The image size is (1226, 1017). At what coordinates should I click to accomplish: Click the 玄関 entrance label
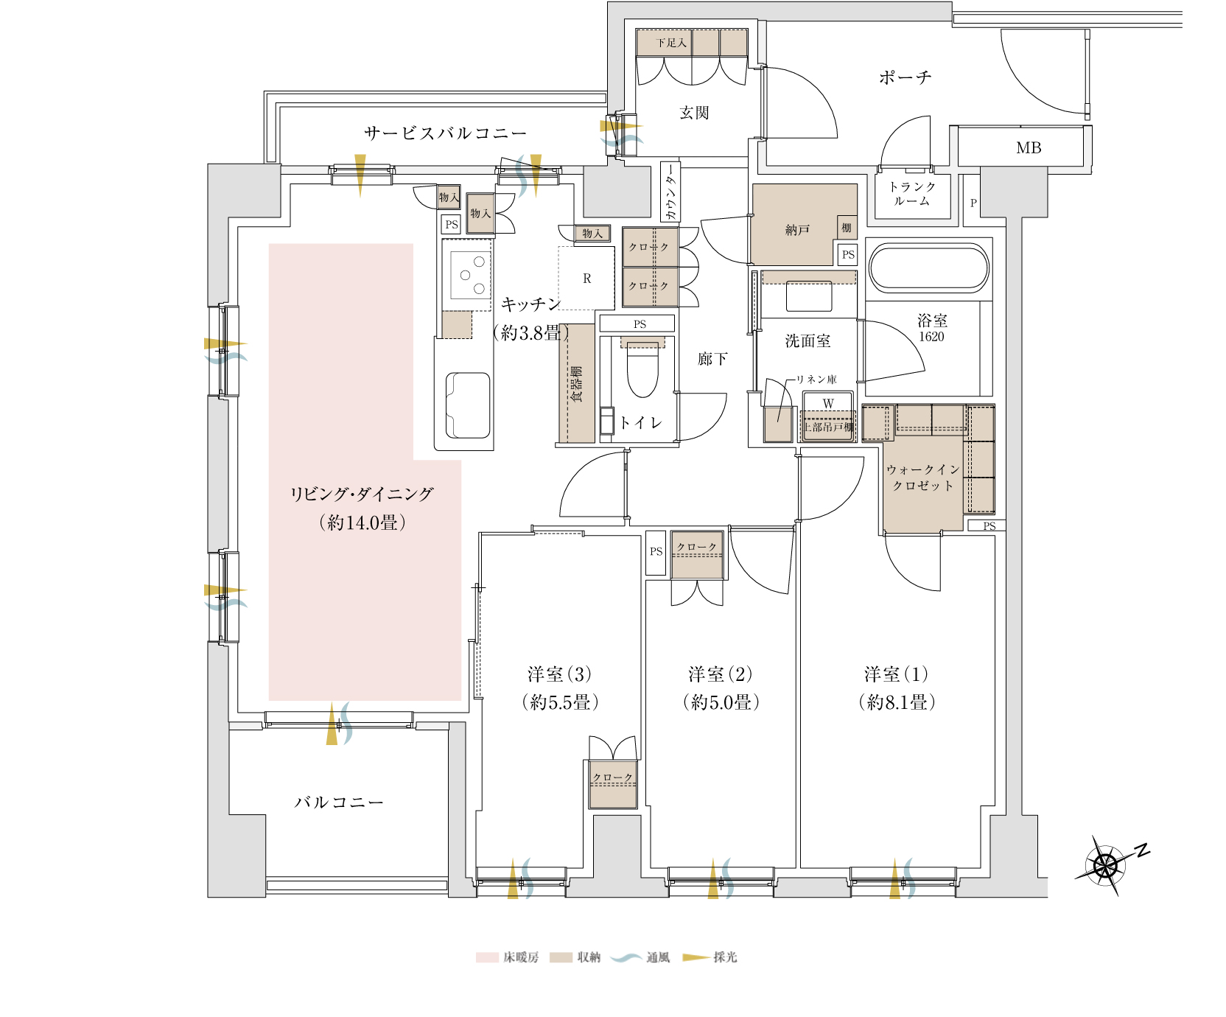[x=694, y=113]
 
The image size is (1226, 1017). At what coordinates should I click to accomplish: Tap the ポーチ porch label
[x=905, y=77]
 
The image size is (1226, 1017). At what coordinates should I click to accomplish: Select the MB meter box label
[x=1029, y=148]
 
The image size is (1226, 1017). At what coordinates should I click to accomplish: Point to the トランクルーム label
[x=912, y=194]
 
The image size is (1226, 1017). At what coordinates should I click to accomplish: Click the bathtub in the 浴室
[x=929, y=268]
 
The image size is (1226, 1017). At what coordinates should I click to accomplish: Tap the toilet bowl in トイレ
[x=642, y=372]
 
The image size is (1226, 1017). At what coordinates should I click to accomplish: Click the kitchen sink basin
[x=468, y=406]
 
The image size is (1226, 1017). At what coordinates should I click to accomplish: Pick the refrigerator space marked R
[x=586, y=279]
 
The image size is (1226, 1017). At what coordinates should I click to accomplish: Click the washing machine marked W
[x=828, y=404]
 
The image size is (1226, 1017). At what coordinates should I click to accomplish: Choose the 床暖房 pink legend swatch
[x=487, y=957]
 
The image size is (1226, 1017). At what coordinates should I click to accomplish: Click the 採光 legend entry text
[x=725, y=957]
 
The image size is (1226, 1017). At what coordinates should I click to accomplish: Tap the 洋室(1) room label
[x=897, y=674]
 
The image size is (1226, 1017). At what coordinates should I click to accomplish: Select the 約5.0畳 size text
[x=721, y=702]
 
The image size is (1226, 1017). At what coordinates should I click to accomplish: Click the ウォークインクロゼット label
[x=923, y=478]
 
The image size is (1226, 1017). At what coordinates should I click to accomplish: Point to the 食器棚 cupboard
[x=577, y=383]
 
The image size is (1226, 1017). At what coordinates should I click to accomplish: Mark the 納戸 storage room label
[x=797, y=231]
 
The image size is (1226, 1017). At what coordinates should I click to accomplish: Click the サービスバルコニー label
[x=445, y=133]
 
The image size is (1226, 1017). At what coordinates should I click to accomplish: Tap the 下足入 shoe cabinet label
[x=671, y=43]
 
